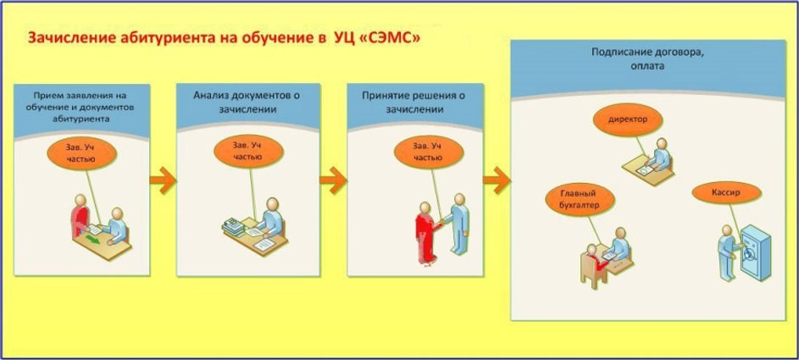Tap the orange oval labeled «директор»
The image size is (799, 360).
click(627, 120)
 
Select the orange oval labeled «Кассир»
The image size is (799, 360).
click(726, 193)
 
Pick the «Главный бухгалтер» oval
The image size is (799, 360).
click(580, 200)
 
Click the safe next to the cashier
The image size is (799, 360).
click(755, 252)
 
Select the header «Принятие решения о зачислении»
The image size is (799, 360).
click(414, 102)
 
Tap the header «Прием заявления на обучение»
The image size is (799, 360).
click(81, 108)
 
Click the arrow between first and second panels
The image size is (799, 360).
click(163, 180)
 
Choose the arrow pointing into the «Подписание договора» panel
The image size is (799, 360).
click(497, 180)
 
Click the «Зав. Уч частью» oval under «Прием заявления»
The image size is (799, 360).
click(81, 153)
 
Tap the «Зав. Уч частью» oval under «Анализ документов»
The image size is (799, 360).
click(248, 152)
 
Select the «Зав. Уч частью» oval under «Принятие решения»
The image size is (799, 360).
click(429, 152)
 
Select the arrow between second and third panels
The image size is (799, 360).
click(333, 180)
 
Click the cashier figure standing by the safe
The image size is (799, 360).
click(728, 253)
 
